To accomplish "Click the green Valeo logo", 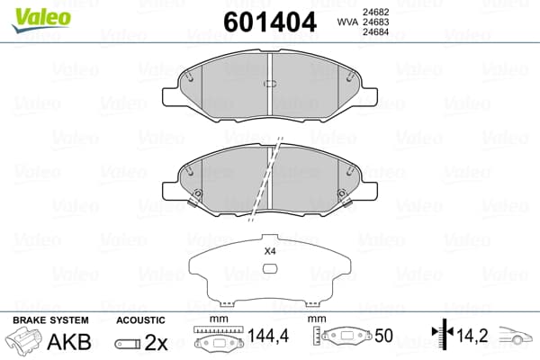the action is [x=41, y=19].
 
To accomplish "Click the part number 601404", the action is [x=270, y=22].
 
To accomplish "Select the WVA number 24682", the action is [x=375, y=12].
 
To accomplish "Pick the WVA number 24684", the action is [x=375, y=32].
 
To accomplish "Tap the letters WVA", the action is [x=347, y=22].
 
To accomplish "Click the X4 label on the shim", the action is [x=270, y=251].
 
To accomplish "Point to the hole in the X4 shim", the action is [x=270, y=268].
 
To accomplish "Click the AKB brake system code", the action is [x=69, y=342].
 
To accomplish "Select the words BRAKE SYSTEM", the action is [x=50, y=320].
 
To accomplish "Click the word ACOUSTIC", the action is [x=140, y=320].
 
